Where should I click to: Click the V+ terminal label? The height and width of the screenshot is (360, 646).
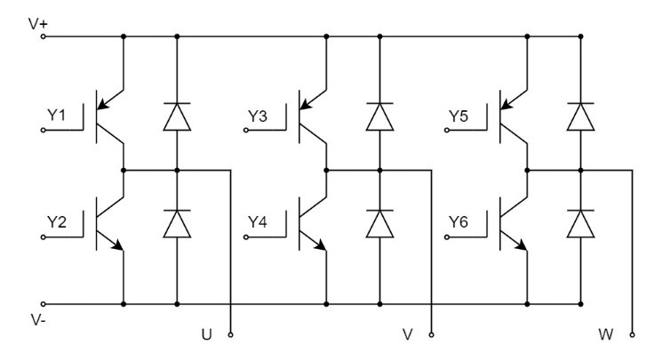(x=37, y=24)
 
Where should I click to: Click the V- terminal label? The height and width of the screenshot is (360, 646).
(x=37, y=318)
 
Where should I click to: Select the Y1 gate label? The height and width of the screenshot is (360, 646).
(x=56, y=116)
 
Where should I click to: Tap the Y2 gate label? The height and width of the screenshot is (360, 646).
(x=56, y=222)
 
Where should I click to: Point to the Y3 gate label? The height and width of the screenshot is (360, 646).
(x=258, y=116)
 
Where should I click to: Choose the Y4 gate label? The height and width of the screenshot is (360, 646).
(x=258, y=222)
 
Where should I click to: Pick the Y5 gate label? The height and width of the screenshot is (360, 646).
(x=459, y=116)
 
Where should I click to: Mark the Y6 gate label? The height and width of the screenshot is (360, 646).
(x=459, y=222)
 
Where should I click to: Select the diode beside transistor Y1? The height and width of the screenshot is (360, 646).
(x=177, y=116)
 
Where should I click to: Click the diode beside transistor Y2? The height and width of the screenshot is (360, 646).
(x=177, y=223)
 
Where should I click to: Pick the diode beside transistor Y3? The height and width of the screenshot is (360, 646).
(x=379, y=116)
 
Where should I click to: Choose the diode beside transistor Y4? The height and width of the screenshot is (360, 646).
(x=379, y=223)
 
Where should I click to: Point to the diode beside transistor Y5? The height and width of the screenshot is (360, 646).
(x=580, y=116)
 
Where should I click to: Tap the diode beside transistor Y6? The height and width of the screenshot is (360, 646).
(x=580, y=223)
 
